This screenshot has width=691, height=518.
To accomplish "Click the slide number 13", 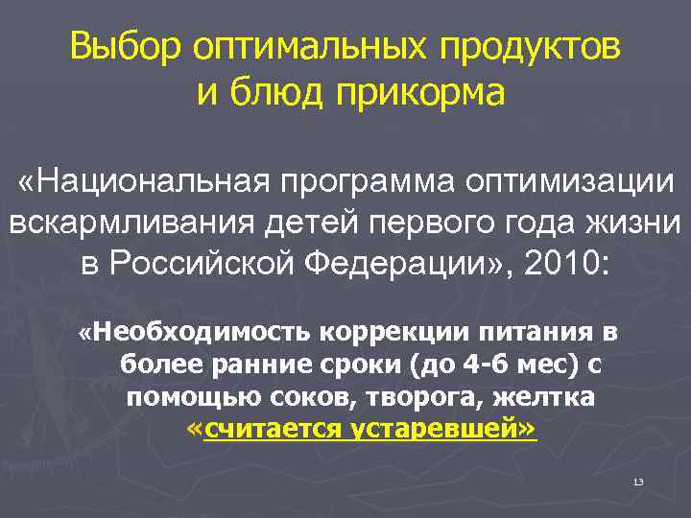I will [638, 480].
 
